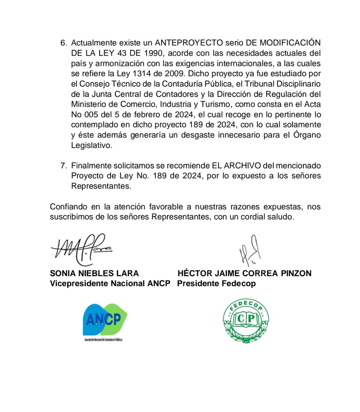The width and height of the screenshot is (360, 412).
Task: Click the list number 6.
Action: [63, 43]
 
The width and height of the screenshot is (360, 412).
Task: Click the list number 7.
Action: [63, 165]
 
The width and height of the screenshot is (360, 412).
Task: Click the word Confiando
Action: [68, 207]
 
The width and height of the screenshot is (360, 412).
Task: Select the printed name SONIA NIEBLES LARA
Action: [94, 273]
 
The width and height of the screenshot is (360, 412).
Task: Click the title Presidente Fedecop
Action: [216, 284]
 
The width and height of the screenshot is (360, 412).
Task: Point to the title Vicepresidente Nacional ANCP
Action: [110, 284]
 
